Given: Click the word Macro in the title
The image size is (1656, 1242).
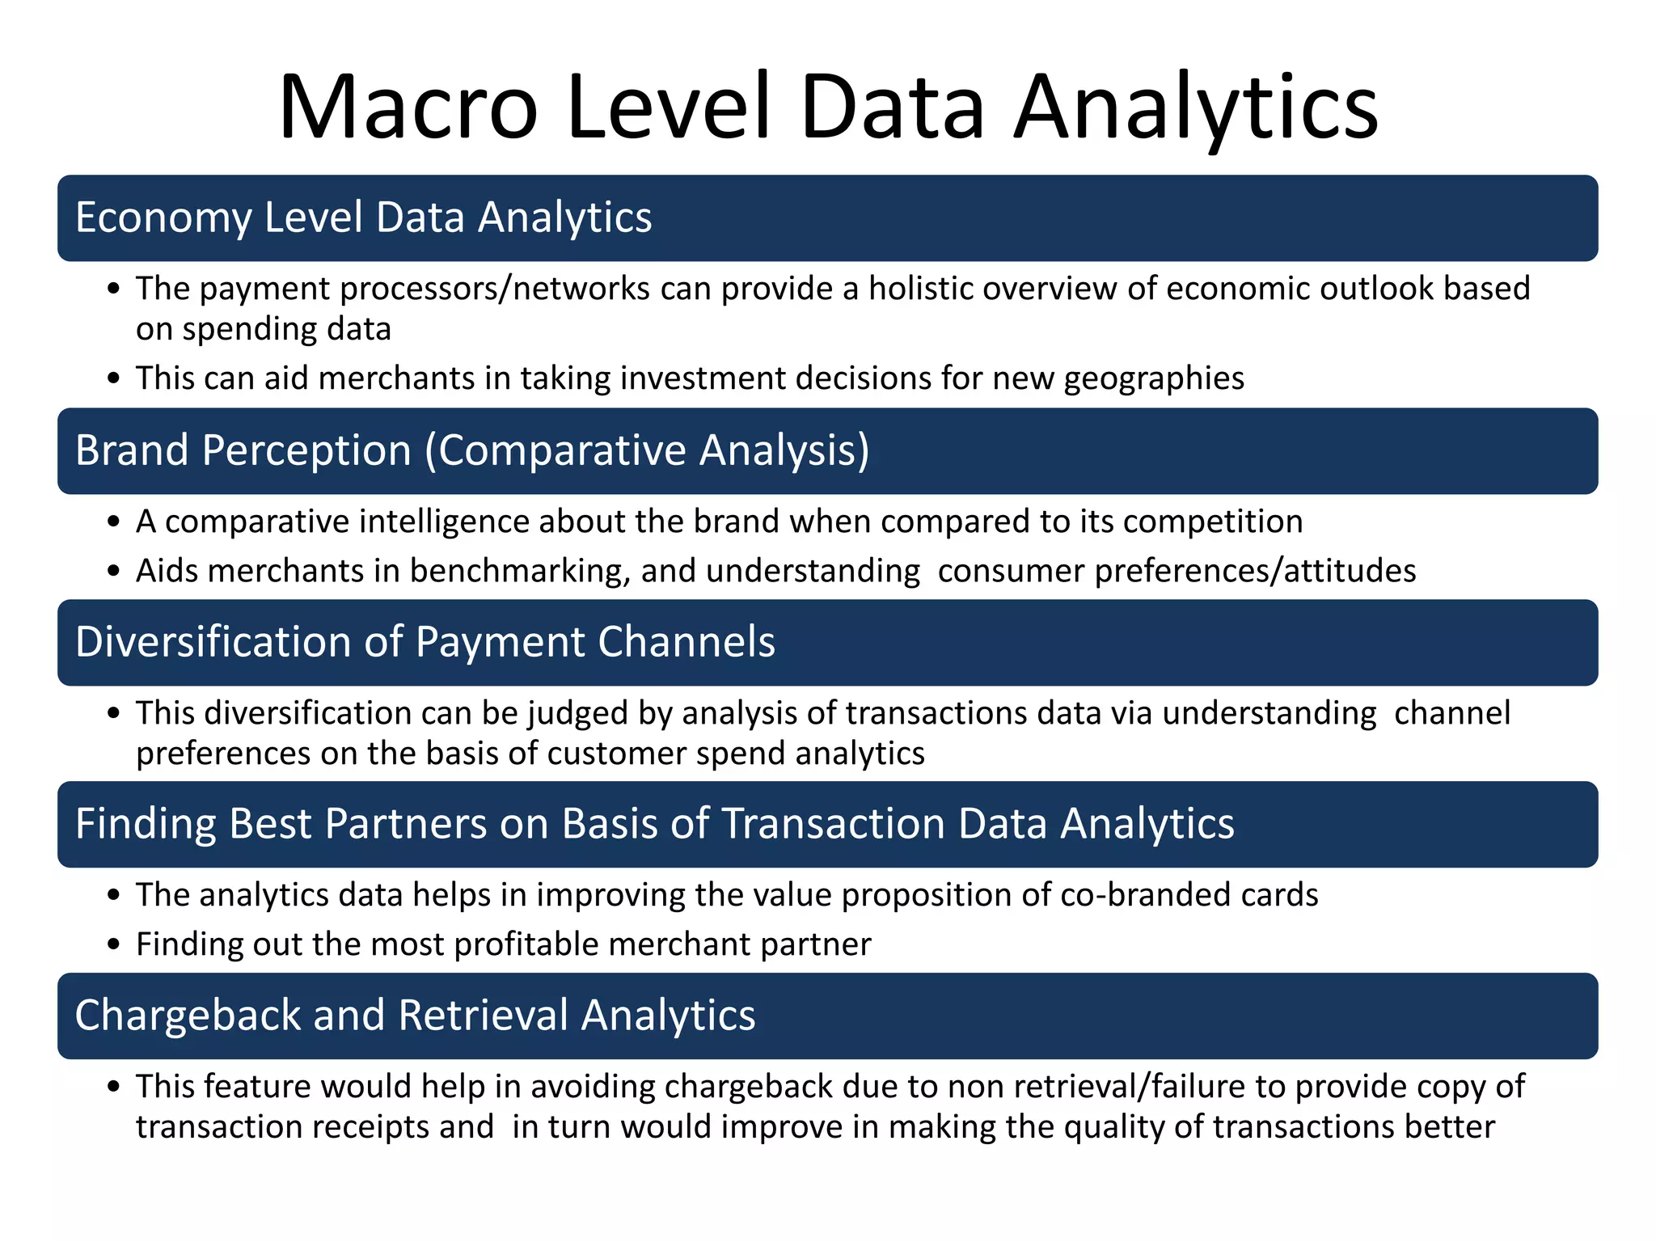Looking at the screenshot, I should [x=408, y=108].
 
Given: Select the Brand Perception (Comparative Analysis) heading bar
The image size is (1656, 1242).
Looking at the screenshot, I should [x=826, y=451].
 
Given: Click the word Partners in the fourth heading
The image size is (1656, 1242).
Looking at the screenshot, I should [x=406, y=825].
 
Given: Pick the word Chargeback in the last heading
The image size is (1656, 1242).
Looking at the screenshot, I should [x=188, y=1016].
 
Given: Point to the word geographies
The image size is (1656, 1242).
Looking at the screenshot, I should [x=1154, y=379].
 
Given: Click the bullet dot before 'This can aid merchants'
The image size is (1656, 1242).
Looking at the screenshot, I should [x=114, y=379].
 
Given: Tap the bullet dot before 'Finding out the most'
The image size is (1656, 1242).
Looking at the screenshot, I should [x=114, y=945].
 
